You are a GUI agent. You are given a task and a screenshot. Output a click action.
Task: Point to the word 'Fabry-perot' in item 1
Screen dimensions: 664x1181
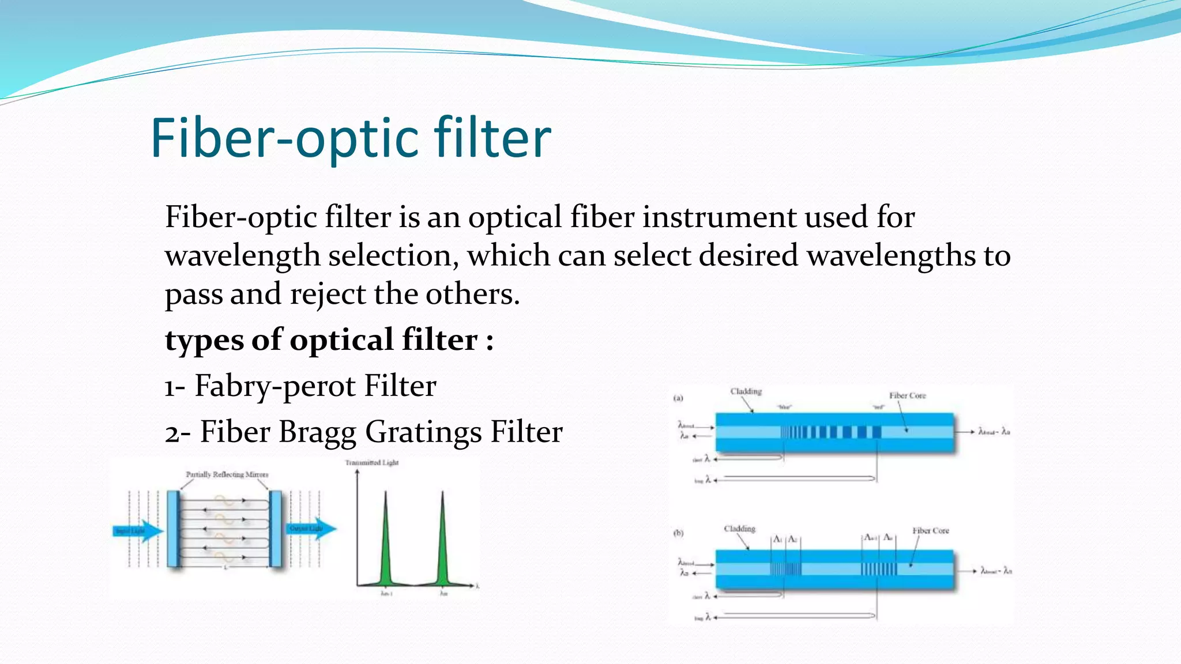coord(275,386)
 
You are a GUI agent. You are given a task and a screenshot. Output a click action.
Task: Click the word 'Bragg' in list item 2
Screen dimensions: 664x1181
coord(317,432)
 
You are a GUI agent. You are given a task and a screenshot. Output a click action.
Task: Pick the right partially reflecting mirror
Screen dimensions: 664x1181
coord(276,529)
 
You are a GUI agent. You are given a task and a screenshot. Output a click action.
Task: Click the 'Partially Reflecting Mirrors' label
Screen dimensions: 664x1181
coord(227,474)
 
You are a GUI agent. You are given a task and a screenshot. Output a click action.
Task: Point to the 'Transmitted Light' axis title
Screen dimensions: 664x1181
coord(371,462)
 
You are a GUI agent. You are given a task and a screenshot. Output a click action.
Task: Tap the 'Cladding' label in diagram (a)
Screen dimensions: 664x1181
coord(746,391)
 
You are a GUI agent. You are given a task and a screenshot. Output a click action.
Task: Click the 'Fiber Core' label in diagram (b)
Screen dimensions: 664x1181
coord(930,530)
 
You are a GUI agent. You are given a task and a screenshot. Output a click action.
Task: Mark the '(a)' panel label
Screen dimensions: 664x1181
coord(678,398)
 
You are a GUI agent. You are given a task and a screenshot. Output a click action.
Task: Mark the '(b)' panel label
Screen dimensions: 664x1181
coord(678,533)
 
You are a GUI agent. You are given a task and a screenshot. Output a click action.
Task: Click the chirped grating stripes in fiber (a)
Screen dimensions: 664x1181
coord(830,432)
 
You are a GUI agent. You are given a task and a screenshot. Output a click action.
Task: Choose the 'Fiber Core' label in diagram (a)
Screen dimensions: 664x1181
coord(907,395)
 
